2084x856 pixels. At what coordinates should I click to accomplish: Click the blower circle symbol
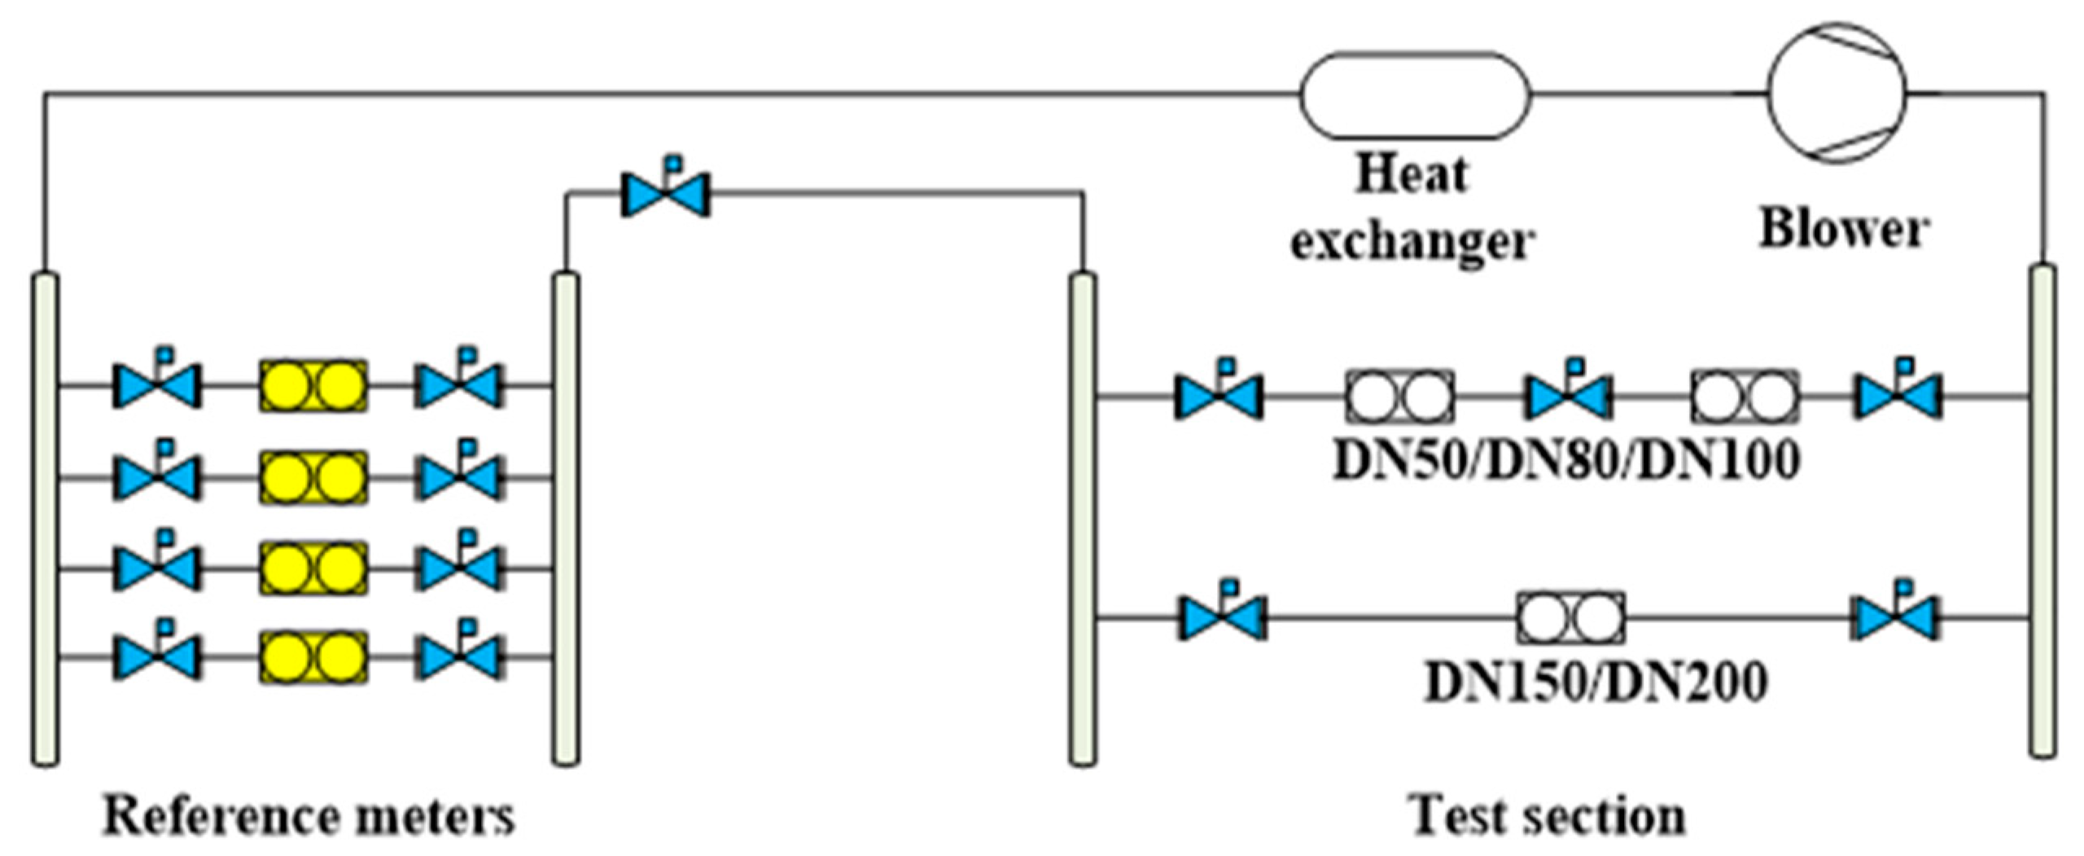(1836, 92)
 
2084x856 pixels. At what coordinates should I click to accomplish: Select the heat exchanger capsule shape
(1415, 95)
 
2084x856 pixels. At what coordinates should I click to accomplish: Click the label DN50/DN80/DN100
(1565, 461)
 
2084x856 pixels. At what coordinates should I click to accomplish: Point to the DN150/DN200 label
(1596, 682)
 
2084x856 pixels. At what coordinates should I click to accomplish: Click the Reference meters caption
(309, 816)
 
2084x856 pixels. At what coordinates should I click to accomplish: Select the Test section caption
(1548, 816)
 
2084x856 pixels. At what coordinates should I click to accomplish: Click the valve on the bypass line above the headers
(666, 194)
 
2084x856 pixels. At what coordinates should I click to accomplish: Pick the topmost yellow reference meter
(313, 385)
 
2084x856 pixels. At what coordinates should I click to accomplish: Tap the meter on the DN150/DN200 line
(1570, 618)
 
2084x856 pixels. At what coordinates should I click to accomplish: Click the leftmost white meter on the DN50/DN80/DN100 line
(1399, 397)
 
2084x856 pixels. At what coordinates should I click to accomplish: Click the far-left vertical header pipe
(46, 519)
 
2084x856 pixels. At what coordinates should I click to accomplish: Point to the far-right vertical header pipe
(2042, 511)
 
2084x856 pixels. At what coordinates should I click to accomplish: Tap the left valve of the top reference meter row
(156, 385)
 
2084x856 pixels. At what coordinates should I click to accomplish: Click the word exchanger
(1412, 243)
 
